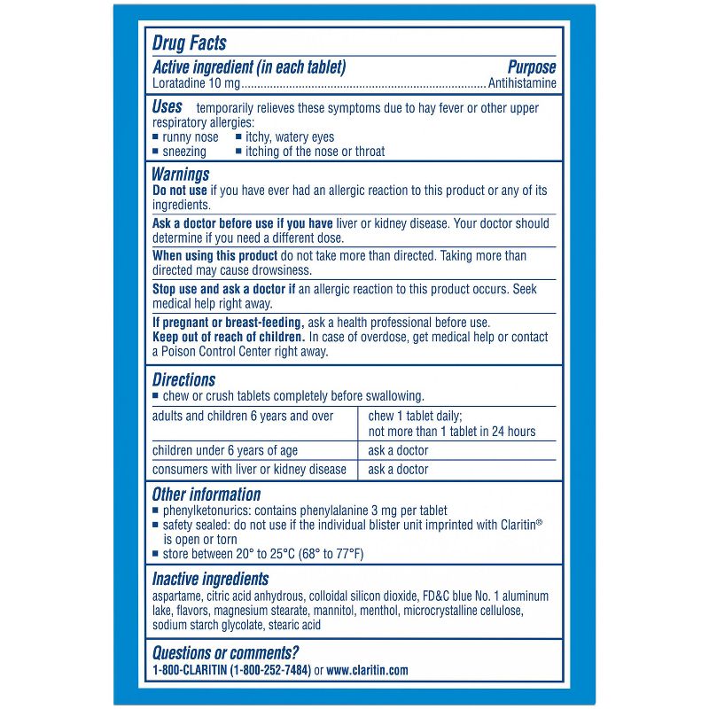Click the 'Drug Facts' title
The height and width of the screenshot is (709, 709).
pyautogui.click(x=190, y=43)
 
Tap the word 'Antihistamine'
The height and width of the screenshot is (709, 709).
pyautogui.click(x=523, y=83)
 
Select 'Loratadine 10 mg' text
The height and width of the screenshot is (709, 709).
pyautogui.click(x=196, y=83)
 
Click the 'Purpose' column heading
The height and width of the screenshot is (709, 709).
pyautogui.click(x=532, y=67)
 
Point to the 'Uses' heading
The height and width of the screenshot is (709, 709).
pyautogui.click(x=168, y=106)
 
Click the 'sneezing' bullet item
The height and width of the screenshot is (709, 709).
pyautogui.click(x=184, y=152)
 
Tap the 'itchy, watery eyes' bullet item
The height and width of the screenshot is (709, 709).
pyautogui.click(x=290, y=137)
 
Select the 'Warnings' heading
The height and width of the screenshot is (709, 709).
pyautogui.click(x=181, y=175)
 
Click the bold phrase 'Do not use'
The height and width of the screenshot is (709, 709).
pyautogui.click(x=180, y=191)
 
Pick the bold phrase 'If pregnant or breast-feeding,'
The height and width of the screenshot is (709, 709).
pyautogui.click(x=228, y=322)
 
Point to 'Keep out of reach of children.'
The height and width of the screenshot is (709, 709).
pyautogui.click(x=229, y=337)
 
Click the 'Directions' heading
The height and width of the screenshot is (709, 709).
pyautogui.click(x=183, y=379)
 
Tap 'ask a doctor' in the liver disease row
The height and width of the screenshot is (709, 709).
pyautogui.click(x=398, y=470)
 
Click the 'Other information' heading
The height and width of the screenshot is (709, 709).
pyautogui.click(x=206, y=495)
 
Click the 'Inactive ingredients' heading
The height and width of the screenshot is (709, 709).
pyautogui.click(x=211, y=580)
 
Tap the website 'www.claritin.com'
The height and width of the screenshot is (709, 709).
pyautogui.click(x=367, y=671)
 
